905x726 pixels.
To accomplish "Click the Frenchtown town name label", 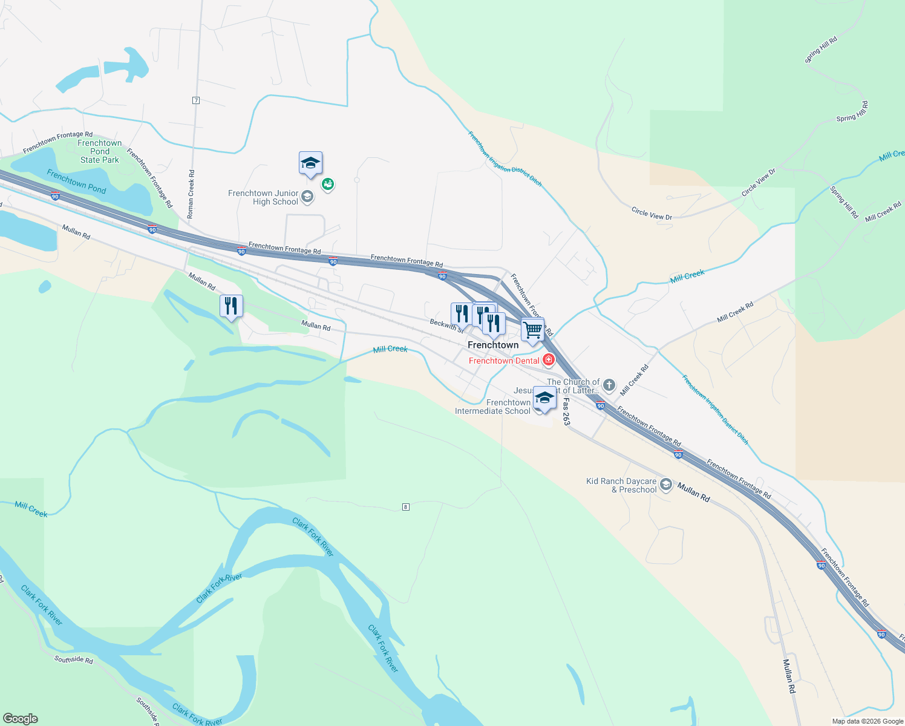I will (x=493, y=345).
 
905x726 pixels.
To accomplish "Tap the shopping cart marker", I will (x=532, y=330).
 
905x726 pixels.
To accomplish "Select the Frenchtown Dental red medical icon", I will (x=549, y=361).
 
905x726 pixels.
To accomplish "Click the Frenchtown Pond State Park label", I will (x=100, y=152).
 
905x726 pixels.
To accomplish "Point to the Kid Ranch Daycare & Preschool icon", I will (x=666, y=485).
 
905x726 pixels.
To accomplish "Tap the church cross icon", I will (x=609, y=385).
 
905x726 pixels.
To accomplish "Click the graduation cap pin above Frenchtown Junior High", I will (x=310, y=163).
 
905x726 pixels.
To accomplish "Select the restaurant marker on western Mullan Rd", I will (x=231, y=306).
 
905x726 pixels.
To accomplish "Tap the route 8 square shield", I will (x=406, y=507).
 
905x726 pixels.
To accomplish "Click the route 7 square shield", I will (x=196, y=100).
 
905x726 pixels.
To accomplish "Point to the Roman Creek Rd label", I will (x=191, y=194).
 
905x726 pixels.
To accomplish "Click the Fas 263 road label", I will (x=566, y=411).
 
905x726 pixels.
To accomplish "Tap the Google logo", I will (x=20, y=719).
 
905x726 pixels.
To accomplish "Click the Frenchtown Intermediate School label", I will (x=492, y=407).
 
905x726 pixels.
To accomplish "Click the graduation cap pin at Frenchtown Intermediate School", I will (x=544, y=399).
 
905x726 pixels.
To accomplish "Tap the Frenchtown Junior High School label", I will (x=263, y=197).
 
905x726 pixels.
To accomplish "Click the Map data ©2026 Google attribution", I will (x=867, y=721).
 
